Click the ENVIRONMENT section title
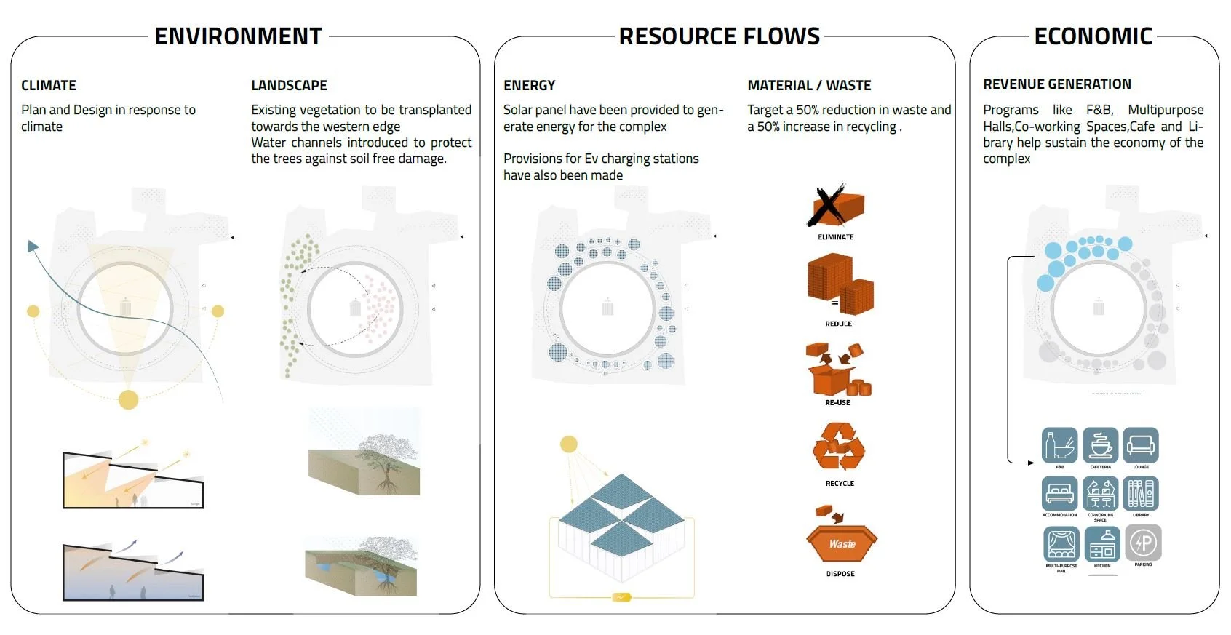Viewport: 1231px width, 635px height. pos(239,36)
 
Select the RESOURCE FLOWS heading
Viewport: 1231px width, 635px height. pos(719,36)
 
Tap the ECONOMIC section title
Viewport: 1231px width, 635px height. pos(1093,36)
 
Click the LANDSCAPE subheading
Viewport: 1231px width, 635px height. pos(289,85)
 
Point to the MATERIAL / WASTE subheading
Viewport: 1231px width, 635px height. pos(809,85)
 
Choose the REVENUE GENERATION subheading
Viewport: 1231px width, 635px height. pos(1056,84)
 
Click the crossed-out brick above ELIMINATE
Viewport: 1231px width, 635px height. pos(835,206)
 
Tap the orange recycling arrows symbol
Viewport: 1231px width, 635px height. pos(839,447)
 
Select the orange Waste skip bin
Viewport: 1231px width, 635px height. pos(842,542)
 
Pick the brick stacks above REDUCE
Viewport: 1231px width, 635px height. pos(840,285)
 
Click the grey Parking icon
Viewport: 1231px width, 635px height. pos(1143,543)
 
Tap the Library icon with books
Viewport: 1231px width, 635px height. pos(1141,494)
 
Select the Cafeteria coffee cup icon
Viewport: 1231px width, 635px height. pos(1100,445)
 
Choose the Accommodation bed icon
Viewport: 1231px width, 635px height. pos(1059,494)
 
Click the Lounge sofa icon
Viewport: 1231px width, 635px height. pos(1140,445)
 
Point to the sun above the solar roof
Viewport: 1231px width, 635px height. pos(569,444)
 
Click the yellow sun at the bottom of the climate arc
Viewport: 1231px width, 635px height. pos(129,399)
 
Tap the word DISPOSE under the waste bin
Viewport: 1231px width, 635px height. pos(840,574)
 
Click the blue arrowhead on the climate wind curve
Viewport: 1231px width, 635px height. pos(32,246)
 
